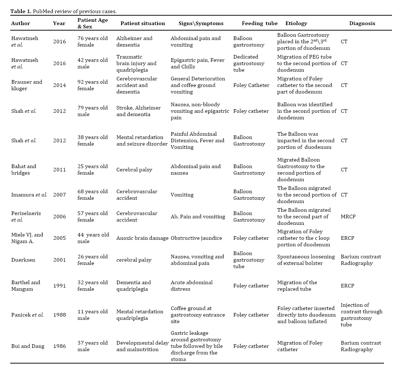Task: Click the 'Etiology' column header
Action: (296, 23)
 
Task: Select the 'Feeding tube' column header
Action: (260, 23)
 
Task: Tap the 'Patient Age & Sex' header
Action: (92, 23)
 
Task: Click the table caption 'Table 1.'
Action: (21, 11)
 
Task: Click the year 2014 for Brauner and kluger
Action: (59, 85)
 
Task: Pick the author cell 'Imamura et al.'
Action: (29, 195)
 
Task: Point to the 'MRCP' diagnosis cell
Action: (348, 217)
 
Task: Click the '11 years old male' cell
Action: (92, 315)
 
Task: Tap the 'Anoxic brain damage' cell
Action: (143, 238)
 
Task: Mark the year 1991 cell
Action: (59, 286)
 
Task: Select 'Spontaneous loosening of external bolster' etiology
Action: (306, 260)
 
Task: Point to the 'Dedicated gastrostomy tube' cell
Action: (249, 63)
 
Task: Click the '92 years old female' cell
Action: (92, 85)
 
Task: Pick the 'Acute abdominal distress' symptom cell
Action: (191, 286)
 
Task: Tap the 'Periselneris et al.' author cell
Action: (26, 217)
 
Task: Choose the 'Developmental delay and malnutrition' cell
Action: (142, 346)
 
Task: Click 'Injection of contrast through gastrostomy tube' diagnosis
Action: (361, 315)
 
